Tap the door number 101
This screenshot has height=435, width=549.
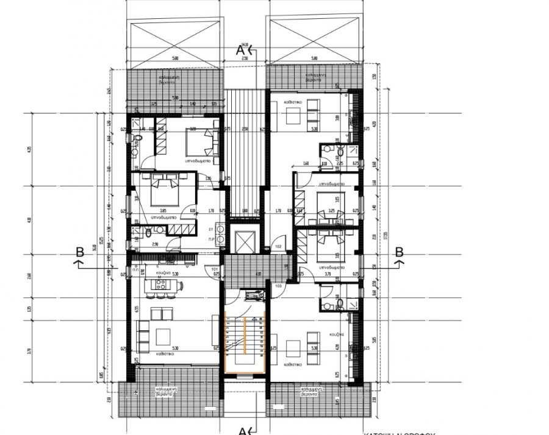pos(215,269)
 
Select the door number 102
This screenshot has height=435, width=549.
pos(278,246)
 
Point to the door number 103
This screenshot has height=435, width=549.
pos(278,286)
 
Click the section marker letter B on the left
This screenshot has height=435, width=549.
pos(79,251)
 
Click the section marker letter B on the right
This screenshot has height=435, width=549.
pos(400,251)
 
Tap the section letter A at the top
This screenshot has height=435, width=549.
pos(240,51)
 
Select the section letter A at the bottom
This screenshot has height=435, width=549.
pos(241,431)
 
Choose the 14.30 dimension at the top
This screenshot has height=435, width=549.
pos(245,44)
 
